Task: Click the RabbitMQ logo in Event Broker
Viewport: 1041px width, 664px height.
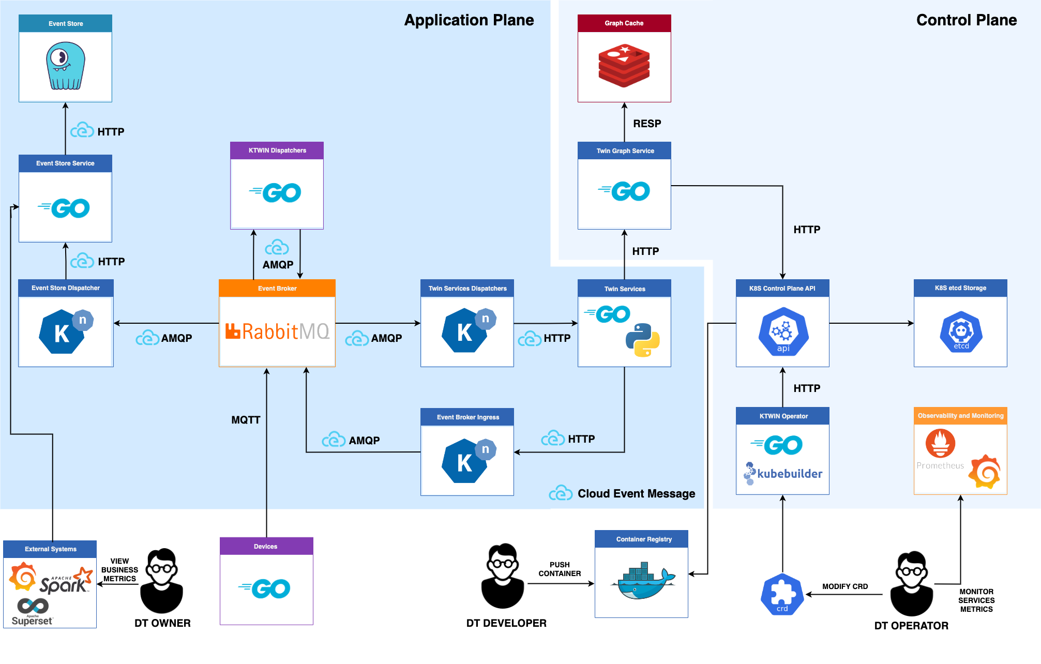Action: click(277, 331)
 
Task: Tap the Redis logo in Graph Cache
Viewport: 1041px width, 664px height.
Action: click(624, 66)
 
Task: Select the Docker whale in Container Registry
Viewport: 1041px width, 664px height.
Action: click(643, 581)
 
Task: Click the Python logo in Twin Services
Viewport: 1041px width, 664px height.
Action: click(642, 340)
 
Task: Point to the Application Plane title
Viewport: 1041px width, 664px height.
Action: click(469, 20)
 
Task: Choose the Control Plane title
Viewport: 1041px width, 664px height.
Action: click(966, 20)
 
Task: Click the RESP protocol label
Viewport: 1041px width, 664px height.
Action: click(647, 124)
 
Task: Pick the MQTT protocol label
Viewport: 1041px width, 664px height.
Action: click(246, 420)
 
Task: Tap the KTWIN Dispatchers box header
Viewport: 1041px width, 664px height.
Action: click(277, 150)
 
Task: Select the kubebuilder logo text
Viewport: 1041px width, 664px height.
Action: click(789, 474)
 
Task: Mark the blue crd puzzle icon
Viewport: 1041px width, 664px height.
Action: click(782, 594)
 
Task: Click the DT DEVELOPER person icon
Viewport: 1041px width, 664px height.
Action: click(503, 576)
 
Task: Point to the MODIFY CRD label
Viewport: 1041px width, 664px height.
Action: click(845, 586)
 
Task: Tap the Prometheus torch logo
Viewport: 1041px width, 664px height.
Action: click(940, 444)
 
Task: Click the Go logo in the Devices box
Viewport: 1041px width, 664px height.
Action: click(266, 588)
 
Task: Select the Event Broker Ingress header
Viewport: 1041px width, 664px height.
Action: click(467, 417)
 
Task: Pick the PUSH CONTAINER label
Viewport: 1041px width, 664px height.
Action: click(560, 569)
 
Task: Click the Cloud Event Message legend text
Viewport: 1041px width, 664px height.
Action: click(636, 494)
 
